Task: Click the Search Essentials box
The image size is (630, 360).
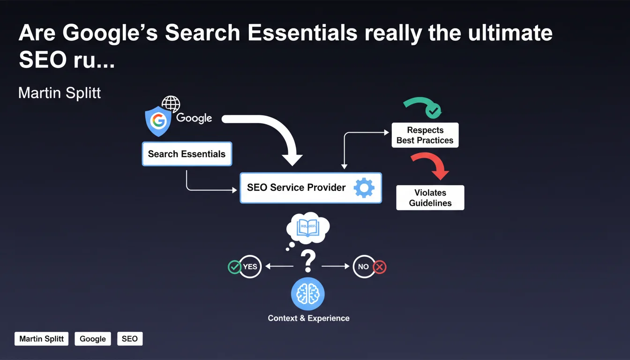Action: (x=187, y=154)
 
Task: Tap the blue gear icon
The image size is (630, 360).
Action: (x=364, y=187)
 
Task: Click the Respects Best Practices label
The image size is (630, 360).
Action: (x=425, y=135)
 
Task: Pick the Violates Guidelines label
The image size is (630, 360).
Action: (x=430, y=198)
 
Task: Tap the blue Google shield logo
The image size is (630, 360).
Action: (x=158, y=120)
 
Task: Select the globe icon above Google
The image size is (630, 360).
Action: (x=171, y=104)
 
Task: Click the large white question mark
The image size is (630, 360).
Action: (x=307, y=261)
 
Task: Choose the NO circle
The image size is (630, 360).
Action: (x=364, y=267)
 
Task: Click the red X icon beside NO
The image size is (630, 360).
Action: (x=380, y=267)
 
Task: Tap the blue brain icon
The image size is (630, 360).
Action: (x=307, y=294)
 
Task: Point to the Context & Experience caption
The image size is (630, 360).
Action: (x=308, y=318)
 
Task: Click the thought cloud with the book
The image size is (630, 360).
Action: (x=308, y=229)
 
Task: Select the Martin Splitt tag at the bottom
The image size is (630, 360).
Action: (x=42, y=339)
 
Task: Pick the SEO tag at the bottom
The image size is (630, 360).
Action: (x=129, y=339)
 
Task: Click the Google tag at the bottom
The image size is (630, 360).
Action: (x=93, y=339)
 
